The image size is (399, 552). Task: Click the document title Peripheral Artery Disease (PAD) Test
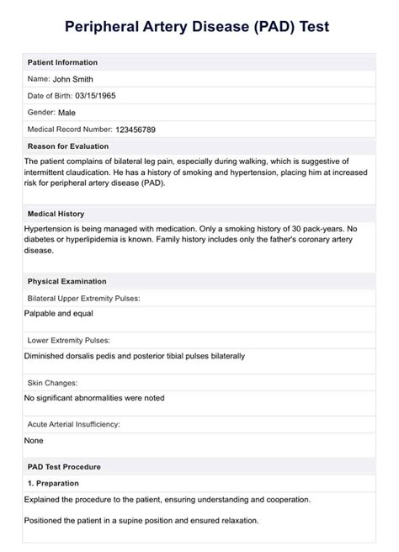[x=199, y=27]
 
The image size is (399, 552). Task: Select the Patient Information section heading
[x=62, y=62]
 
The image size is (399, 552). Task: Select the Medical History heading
[x=56, y=214]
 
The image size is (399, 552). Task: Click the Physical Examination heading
[x=67, y=281]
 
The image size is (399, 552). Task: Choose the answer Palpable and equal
[x=59, y=314]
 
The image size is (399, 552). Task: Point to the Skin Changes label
[x=54, y=382]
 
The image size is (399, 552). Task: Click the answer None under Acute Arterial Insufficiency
[x=34, y=440]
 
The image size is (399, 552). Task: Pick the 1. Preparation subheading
[x=53, y=483]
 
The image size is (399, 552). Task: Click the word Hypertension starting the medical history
[x=49, y=229]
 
